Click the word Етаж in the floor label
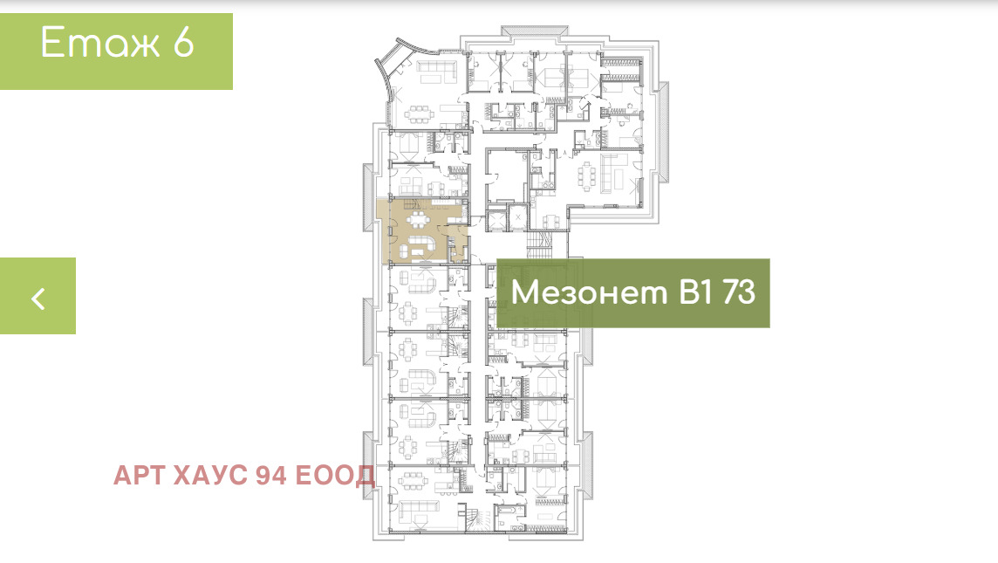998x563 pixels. tap(100, 43)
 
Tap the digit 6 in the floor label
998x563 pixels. tap(183, 43)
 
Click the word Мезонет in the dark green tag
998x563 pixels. tap(589, 292)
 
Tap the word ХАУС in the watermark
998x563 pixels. tap(210, 475)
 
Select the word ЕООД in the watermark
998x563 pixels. tap(335, 475)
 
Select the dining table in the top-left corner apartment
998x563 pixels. tap(419, 114)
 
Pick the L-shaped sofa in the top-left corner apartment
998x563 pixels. tap(437, 70)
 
